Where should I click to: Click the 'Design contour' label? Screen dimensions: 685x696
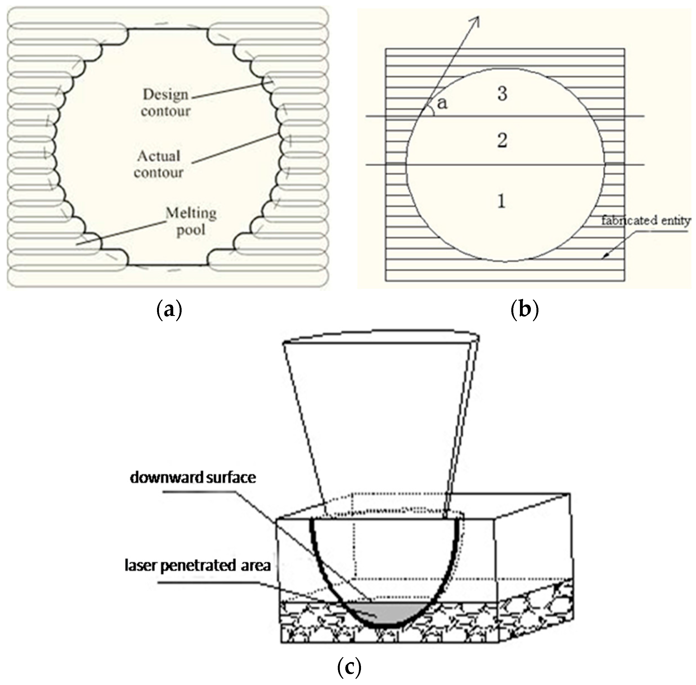[165, 103]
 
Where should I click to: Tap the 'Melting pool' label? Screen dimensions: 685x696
[191, 221]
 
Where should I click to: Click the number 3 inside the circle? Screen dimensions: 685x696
[502, 94]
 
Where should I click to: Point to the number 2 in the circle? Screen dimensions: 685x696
[502, 140]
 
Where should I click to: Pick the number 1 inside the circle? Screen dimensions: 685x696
[502, 201]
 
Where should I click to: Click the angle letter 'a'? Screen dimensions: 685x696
[442, 103]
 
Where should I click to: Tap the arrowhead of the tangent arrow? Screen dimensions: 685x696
[478, 20]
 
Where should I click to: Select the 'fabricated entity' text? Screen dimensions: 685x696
[646, 220]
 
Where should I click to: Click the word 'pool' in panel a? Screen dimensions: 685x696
[191, 230]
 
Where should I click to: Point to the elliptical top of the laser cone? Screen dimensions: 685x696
[381, 336]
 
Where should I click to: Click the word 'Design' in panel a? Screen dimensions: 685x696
[165, 94]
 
